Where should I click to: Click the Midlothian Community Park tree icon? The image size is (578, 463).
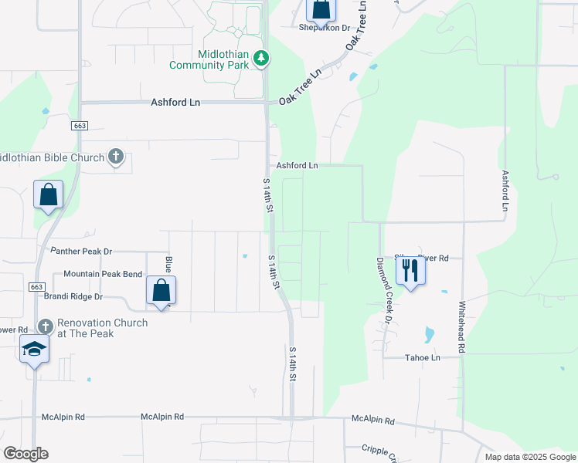(261, 58)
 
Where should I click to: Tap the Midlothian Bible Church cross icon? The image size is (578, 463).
(116, 157)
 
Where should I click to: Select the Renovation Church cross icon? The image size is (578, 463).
(45, 327)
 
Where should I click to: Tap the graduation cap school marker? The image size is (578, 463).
(35, 350)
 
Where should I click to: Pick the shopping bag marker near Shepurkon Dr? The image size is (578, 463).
(321, 9)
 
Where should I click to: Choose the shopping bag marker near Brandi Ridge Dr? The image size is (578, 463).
(161, 292)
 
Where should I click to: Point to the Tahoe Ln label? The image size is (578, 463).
(423, 358)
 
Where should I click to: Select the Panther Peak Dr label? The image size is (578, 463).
(81, 252)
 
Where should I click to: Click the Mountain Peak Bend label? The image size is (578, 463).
(103, 274)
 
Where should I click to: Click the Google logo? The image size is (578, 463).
(25, 454)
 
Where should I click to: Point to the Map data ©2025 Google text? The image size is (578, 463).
(529, 457)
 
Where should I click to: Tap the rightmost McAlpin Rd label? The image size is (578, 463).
(372, 421)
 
